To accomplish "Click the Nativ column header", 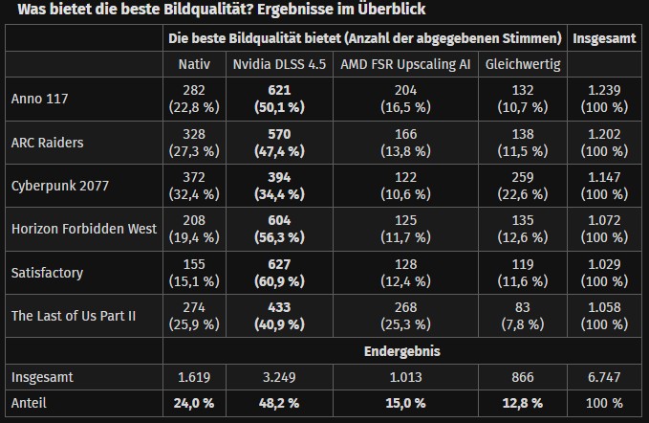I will click(194, 64).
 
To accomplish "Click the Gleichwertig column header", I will click(522, 64).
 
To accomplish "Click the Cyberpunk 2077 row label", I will click(58, 186).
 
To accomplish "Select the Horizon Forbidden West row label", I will click(76, 229).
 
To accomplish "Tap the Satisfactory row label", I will click(47, 273).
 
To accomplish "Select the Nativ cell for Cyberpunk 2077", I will click(194, 186).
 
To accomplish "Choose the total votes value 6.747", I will click(604, 377).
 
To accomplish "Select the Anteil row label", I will click(31, 403).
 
